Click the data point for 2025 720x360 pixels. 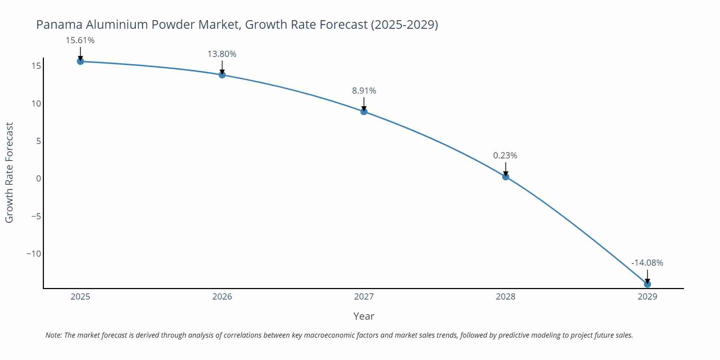(x=80, y=61)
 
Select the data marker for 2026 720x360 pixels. (x=222, y=75)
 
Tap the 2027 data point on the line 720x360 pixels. (x=364, y=112)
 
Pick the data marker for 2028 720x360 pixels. (x=505, y=177)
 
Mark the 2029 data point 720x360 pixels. (x=647, y=284)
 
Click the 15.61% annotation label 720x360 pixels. (x=80, y=40)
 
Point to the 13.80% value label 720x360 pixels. (x=222, y=54)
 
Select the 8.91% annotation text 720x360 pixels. (x=364, y=91)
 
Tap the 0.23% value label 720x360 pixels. (x=505, y=156)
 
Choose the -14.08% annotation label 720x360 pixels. (x=647, y=263)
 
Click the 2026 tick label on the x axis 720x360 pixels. (x=222, y=297)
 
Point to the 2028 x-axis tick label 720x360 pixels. (x=505, y=297)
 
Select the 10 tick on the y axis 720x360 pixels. (x=36, y=104)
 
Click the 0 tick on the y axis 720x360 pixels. (x=39, y=179)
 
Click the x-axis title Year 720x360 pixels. (x=364, y=316)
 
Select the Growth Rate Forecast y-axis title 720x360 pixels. (x=9, y=172)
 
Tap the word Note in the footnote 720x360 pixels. (x=53, y=335)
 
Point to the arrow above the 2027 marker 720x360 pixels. (x=364, y=104)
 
